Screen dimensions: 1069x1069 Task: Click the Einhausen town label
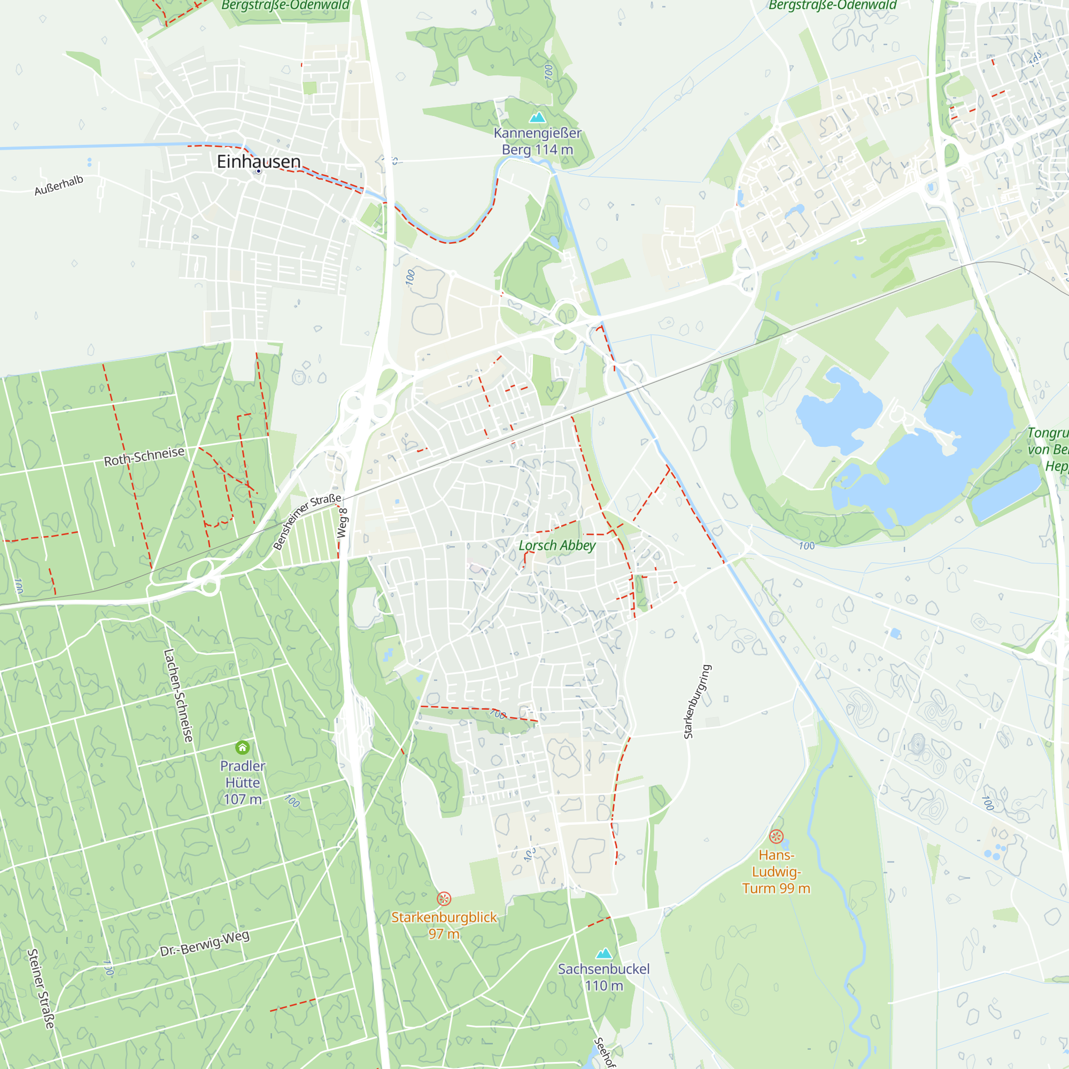tap(258, 161)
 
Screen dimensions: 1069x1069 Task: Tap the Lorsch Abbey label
tap(556, 546)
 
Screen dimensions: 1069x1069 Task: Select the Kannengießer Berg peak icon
tap(537, 117)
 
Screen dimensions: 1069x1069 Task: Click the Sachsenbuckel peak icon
tap(603, 954)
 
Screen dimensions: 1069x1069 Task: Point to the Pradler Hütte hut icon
tap(242, 748)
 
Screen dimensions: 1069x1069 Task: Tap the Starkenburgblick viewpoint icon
tap(444, 898)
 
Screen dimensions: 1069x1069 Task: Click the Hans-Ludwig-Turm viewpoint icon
tap(776, 836)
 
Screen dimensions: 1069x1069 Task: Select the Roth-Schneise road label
tap(144, 456)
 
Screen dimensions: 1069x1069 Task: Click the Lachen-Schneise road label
tap(178, 695)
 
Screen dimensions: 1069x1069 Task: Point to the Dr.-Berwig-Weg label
tap(205, 943)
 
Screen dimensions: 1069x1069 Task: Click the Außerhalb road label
tap(59, 185)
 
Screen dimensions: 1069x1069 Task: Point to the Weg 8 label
tap(343, 523)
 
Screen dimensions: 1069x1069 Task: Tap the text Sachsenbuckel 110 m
tap(603, 977)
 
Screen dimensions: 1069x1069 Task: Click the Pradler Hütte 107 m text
tap(242, 783)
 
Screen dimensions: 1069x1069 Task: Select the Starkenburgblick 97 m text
tap(444, 925)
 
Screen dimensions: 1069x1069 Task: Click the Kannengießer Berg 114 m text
tap(537, 141)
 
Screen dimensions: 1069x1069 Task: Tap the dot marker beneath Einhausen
tap(258, 172)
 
